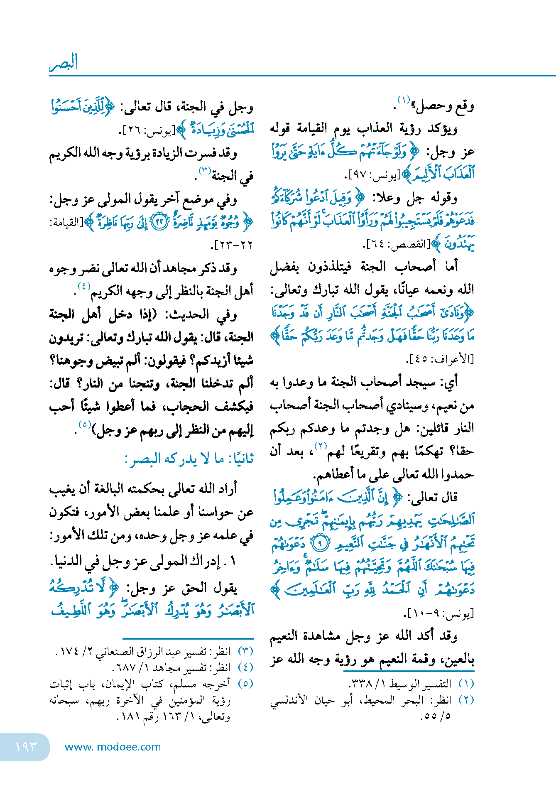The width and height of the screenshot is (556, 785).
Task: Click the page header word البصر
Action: [x=64, y=63]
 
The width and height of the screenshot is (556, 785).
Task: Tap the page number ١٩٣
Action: [x=26, y=746]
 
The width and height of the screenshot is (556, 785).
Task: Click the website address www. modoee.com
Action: [x=113, y=747]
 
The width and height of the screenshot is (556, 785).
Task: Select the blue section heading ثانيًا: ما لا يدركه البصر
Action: [x=189, y=459]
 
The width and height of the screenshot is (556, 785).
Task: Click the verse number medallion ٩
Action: [x=320, y=543]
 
